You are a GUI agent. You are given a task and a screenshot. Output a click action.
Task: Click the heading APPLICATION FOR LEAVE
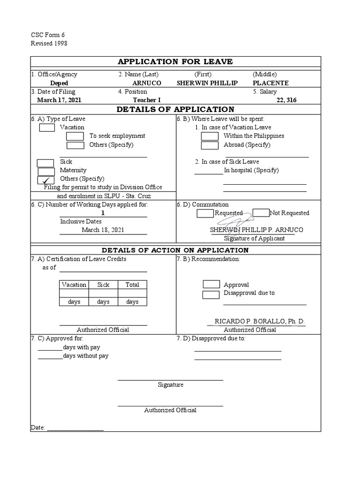pyautogui.click(x=175, y=62)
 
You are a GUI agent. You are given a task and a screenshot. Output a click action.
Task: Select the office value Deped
pyautogui.click(x=59, y=83)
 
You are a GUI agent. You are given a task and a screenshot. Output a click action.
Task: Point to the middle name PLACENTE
pyautogui.click(x=270, y=83)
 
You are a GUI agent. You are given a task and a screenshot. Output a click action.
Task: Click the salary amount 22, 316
pyautogui.click(x=286, y=100)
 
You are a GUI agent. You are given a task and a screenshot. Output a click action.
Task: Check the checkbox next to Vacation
pyautogui.click(x=47, y=127)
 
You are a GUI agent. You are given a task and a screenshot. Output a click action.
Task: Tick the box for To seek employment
pyautogui.click(x=75, y=136)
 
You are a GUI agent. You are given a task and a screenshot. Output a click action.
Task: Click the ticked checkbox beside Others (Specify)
pyautogui.click(x=45, y=180)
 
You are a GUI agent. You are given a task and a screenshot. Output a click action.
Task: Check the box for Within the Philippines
pyautogui.click(x=210, y=136)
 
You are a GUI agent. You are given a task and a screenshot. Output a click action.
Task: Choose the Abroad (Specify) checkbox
pyautogui.click(x=210, y=145)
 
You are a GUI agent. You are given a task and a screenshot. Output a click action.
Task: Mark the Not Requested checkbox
pyautogui.click(x=261, y=213)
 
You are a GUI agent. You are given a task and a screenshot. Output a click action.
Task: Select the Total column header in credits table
pyautogui.click(x=132, y=285)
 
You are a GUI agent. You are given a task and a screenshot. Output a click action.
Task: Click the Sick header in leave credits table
pyautogui.click(x=103, y=285)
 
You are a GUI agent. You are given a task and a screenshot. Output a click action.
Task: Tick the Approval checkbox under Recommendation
pyautogui.click(x=211, y=285)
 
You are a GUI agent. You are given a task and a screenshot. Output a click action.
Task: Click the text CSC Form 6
pyautogui.click(x=48, y=35)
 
